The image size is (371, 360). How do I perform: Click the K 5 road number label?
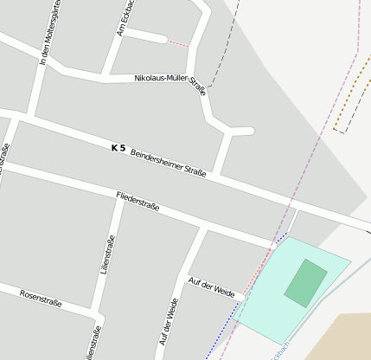118,148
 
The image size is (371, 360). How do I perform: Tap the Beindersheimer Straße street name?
168,163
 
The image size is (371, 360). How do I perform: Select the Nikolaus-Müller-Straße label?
170,81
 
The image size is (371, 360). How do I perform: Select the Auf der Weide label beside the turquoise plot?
211,288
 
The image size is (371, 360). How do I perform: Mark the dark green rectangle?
306,282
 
